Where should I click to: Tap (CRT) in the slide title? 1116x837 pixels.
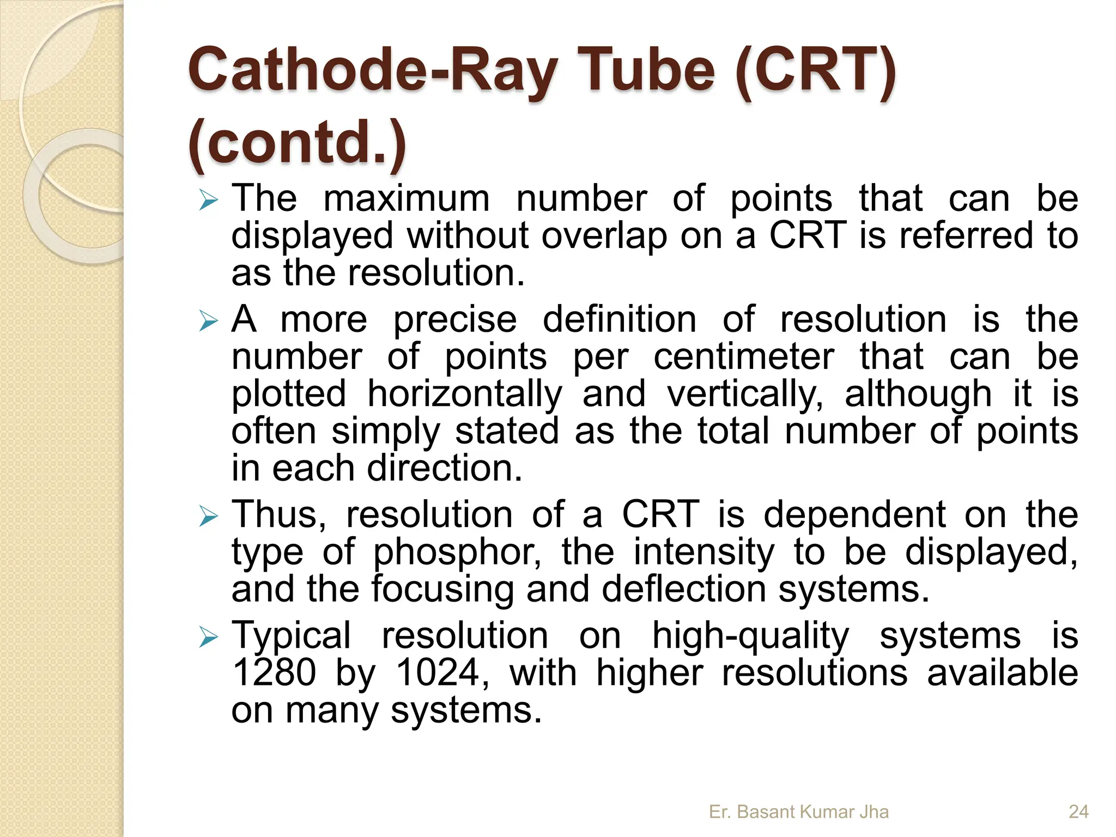pyautogui.click(x=814, y=71)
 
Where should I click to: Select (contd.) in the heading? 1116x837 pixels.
pyautogui.click(x=297, y=142)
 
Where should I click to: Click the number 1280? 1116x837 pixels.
pyautogui.click(x=274, y=673)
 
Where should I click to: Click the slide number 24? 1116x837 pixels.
pyautogui.click(x=1078, y=812)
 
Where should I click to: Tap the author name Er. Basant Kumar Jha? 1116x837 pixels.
pyautogui.click(x=798, y=812)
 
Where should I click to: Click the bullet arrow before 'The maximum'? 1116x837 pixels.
pyautogui.click(x=208, y=200)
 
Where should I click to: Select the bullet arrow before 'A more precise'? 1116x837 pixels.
pyautogui.click(x=208, y=321)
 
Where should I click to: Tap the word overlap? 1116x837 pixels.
pyautogui.click(x=604, y=236)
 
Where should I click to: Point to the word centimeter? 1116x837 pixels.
pyautogui.click(x=744, y=357)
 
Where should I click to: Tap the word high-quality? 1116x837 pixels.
pyautogui.click(x=750, y=636)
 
